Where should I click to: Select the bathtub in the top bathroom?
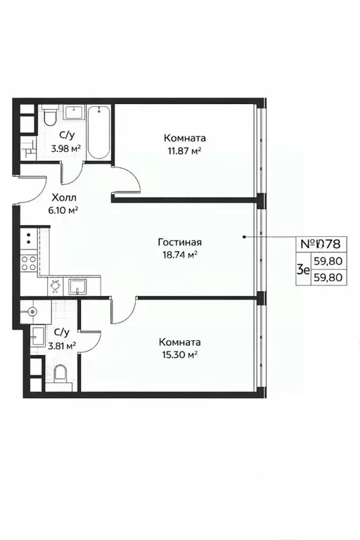pos(99,131)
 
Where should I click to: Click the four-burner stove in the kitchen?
pos(29,263)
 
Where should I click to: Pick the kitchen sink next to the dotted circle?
pos(76,286)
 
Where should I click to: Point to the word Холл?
pos(64,198)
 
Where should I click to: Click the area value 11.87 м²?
pos(186,150)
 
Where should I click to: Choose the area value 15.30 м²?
pos(179,354)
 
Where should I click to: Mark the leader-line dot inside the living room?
pos(244,237)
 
